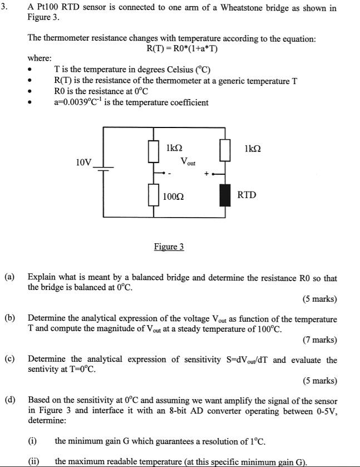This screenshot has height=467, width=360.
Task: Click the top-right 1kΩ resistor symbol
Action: (225, 150)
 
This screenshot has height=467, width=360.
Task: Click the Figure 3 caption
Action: (169, 247)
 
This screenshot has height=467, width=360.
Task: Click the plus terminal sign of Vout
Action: (206, 174)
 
